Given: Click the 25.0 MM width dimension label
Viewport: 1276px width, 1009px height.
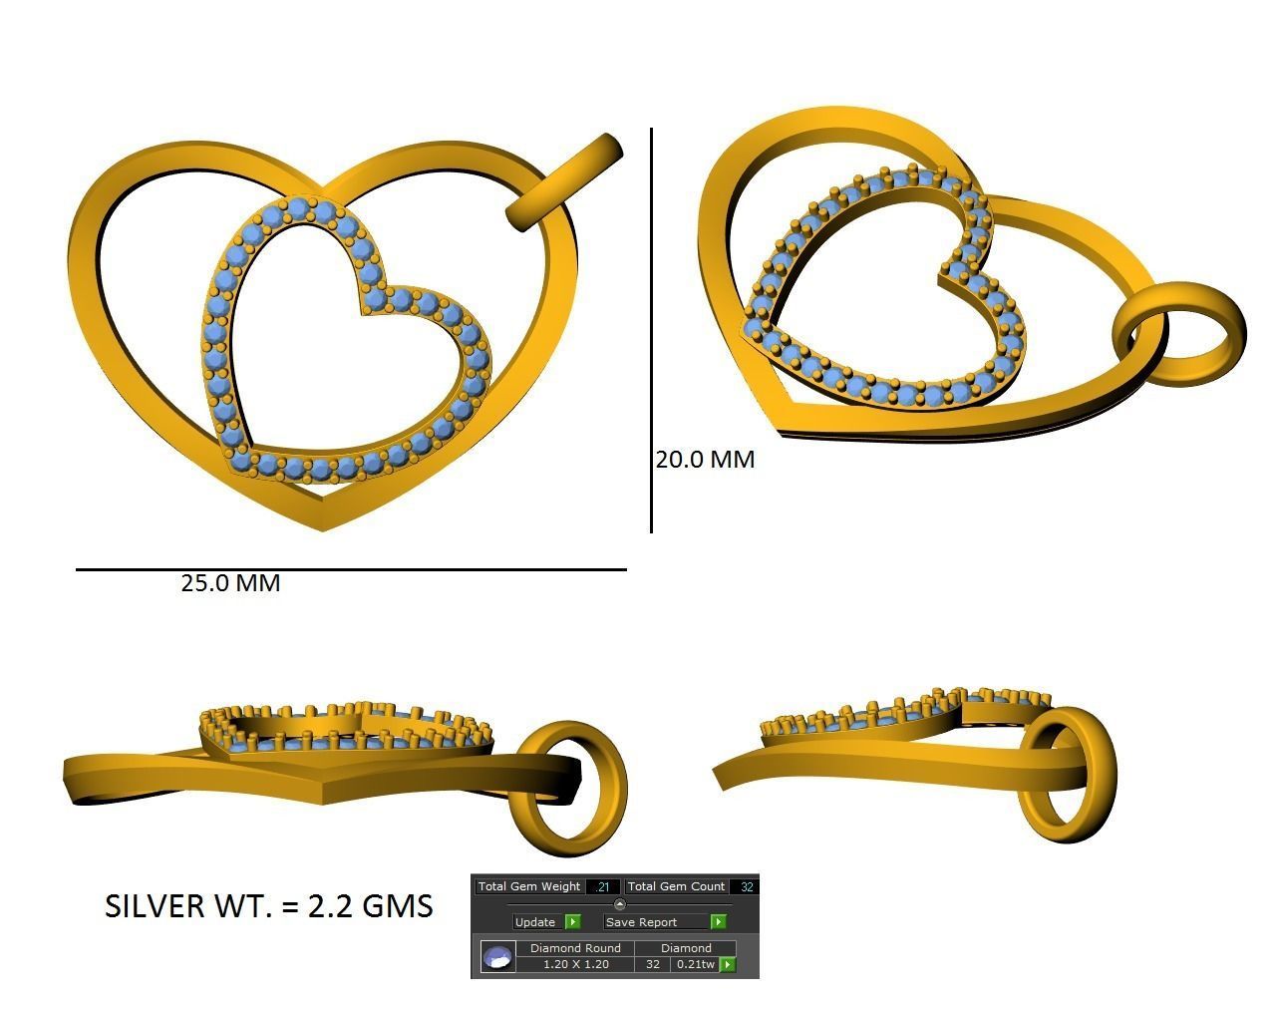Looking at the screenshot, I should pos(230,583).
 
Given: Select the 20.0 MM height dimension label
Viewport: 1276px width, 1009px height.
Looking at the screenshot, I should pos(705,460).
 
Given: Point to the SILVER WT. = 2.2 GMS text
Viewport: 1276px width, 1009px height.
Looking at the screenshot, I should pos(269,905).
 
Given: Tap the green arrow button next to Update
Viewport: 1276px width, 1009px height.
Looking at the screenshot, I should pos(572,922).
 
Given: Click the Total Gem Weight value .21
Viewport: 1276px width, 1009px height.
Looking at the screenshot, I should pos(603,886).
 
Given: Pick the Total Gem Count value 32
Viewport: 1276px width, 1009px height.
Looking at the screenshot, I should pos(747,886).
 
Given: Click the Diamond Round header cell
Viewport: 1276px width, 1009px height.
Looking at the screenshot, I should pos(575,948).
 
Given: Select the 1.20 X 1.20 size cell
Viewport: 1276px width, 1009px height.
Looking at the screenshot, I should pos(575,964).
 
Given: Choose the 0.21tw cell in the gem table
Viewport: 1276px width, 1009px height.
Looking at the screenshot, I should pos(695,964).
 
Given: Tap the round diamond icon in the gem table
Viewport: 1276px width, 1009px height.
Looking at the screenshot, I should pos(497,957).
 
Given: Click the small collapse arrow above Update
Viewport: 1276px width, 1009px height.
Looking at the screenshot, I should pos(619,904).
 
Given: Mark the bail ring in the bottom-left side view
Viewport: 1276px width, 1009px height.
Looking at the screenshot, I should pos(568,788).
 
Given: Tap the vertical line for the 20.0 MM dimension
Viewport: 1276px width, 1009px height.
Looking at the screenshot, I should pos(652,329).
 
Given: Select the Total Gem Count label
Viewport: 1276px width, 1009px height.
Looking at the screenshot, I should pos(676,886).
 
